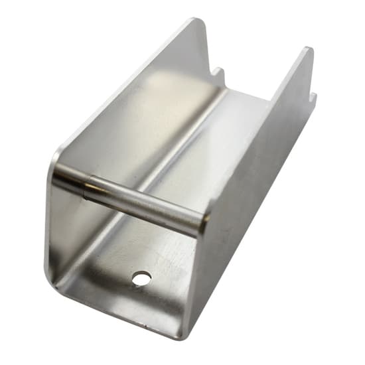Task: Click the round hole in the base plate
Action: [x=141, y=278]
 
